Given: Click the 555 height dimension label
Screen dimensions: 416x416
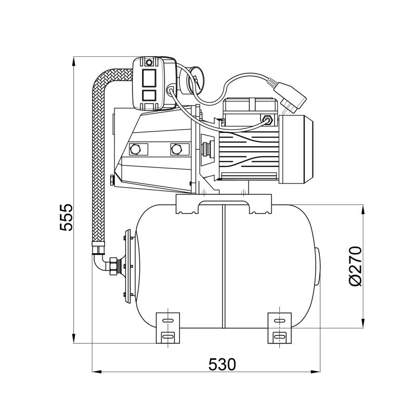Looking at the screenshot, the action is tap(66, 217).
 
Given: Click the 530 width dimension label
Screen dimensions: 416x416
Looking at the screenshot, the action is tap(222, 365).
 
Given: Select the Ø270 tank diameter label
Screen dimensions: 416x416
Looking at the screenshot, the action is tap(355, 266).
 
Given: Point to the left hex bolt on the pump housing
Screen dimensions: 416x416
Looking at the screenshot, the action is tap(135, 149).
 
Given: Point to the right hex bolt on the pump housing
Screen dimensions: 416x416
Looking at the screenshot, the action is tap(176, 149).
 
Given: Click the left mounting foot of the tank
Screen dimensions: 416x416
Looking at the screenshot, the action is tap(167, 328).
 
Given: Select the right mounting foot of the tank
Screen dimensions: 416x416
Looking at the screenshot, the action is tap(280, 328).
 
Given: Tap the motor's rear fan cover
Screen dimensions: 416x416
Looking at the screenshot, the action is tap(296, 149).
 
